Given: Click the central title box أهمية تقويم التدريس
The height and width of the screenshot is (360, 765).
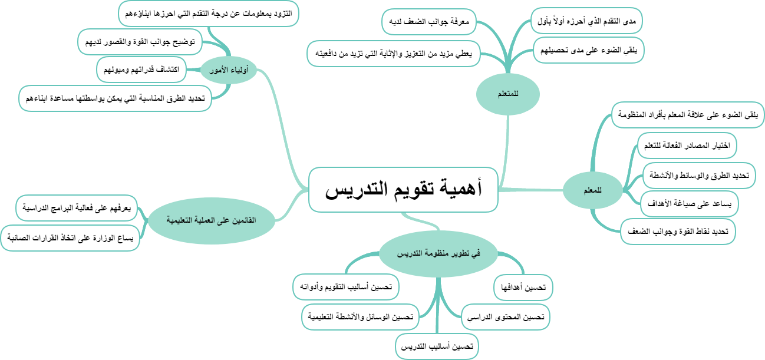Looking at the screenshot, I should (x=403, y=189).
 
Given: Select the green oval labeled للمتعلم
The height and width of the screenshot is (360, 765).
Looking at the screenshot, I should (x=508, y=93).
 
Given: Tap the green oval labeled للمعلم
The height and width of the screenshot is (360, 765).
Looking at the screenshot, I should (x=591, y=190).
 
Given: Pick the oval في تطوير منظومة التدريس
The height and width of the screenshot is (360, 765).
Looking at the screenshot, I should (x=438, y=253).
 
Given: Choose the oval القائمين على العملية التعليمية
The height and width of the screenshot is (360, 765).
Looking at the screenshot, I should (x=210, y=219).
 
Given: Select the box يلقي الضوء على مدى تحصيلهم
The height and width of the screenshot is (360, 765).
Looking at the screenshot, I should (x=589, y=50).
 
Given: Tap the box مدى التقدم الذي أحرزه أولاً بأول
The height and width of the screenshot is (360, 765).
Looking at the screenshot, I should (x=586, y=21).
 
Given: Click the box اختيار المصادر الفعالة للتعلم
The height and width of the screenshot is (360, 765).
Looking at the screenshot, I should (x=687, y=146).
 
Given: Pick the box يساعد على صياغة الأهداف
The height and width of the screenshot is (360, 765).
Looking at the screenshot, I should (x=689, y=204).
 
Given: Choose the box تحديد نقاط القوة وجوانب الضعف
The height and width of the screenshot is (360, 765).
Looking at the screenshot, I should (x=678, y=232).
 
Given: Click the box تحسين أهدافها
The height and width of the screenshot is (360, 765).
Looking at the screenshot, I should (x=523, y=288).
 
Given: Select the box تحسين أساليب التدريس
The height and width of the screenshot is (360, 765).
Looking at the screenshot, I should (x=437, y=346).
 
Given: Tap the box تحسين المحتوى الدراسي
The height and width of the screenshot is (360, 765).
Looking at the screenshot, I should (x=505, y=317).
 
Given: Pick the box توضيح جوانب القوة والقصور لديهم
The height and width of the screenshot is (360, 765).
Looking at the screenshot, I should (x=140, y=41).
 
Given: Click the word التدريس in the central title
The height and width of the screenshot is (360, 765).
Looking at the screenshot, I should (x=353, y=189).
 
